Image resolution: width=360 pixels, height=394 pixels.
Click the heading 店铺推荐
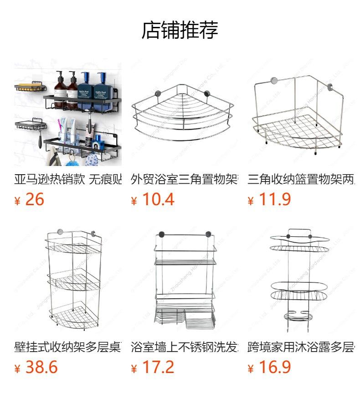pos(180,30)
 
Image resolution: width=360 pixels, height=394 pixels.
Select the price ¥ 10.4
pos(153,200)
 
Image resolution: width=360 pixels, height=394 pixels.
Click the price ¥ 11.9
pos(270,200)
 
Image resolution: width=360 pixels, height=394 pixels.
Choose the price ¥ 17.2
pos(153,368)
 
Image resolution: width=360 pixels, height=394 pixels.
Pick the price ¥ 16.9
pos(270,368)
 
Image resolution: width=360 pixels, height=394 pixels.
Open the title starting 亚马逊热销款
pos(68,179)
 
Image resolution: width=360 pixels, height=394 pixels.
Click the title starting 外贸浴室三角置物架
pos(184,179)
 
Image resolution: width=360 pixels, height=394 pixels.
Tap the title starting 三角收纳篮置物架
pos(301,179)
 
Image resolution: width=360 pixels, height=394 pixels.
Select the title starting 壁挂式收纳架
pos(68,347)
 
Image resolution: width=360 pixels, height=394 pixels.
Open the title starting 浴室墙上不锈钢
pos(184,347)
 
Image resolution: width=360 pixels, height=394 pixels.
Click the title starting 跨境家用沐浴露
pos(301,347)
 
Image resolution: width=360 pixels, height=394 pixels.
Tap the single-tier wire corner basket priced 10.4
pos(183,112)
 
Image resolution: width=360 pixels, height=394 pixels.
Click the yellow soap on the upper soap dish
pos(30,88)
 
